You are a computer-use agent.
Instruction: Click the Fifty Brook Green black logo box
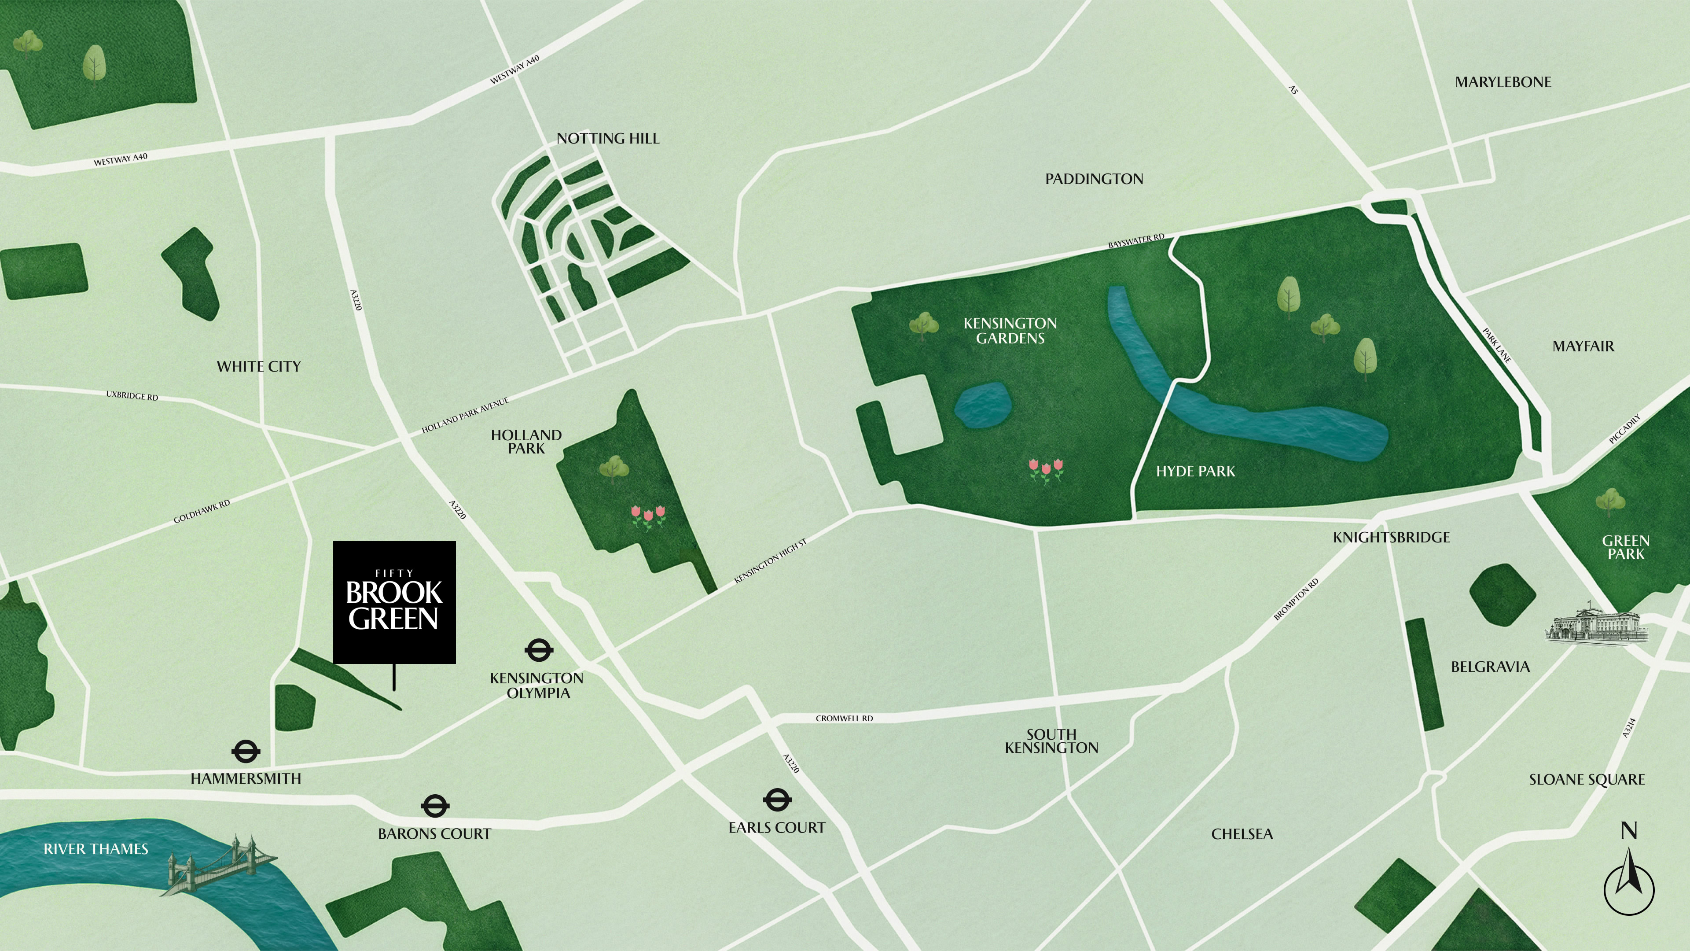coord(394,602)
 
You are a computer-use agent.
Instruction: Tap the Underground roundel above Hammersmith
coord(246,752)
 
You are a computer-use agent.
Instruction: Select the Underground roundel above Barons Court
coord(434,806)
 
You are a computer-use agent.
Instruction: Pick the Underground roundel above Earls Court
coord(777,800)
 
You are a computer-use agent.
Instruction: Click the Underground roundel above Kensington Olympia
coord(539,650)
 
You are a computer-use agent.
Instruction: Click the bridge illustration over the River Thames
coord(220,863)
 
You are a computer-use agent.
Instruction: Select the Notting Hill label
coord(607,139)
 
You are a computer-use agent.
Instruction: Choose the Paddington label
coord(1094,179)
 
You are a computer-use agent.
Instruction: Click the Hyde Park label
coord(1195,471)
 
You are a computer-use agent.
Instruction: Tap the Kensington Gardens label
coord(1010,331)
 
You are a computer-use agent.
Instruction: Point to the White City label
coord(258,367)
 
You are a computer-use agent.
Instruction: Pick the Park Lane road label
coord(1496,345)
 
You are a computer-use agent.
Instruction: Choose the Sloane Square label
coord(1586,780)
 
